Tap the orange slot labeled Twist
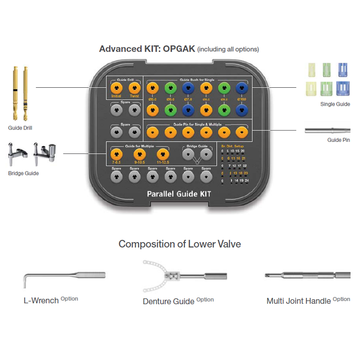(134, 88)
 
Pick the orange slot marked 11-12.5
(162, 154)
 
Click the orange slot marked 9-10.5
(139, 154)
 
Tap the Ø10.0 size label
(243, 99)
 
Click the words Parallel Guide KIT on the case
(179, 194)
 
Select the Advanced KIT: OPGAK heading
(147, 49)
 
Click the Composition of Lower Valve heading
(180, 244)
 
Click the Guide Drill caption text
(20, 128)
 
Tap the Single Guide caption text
(335, 104)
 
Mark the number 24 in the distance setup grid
(247, 180)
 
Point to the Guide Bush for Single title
(198, 80)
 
